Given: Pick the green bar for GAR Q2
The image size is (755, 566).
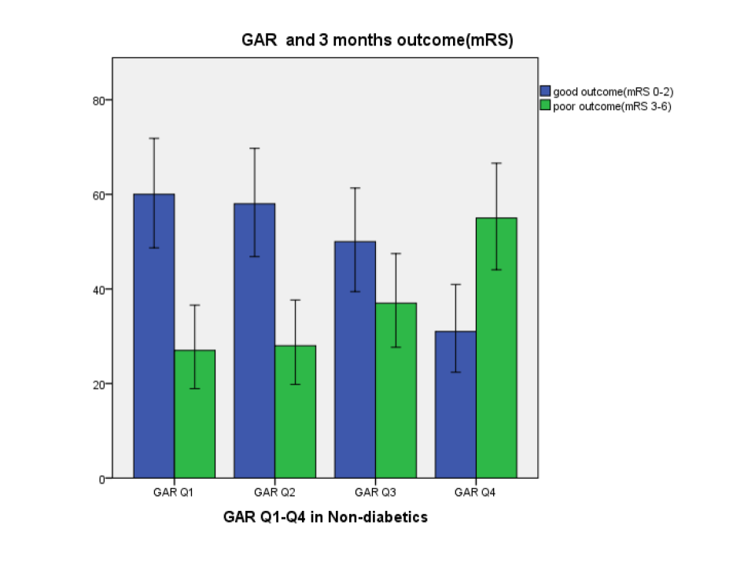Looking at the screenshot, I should point(296,412).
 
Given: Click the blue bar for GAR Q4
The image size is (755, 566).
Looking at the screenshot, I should point(456,405).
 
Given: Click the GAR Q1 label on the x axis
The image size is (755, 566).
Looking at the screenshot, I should point(174,493).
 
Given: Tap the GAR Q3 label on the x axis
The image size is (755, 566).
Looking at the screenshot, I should point(375,493).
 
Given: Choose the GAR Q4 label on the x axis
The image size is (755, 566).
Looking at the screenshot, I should point(476,493).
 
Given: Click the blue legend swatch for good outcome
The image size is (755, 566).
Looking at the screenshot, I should point(545,91).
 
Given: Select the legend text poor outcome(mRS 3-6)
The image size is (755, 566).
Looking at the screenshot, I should point(612,106).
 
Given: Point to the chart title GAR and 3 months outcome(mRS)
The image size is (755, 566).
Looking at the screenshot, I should point(377,40).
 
